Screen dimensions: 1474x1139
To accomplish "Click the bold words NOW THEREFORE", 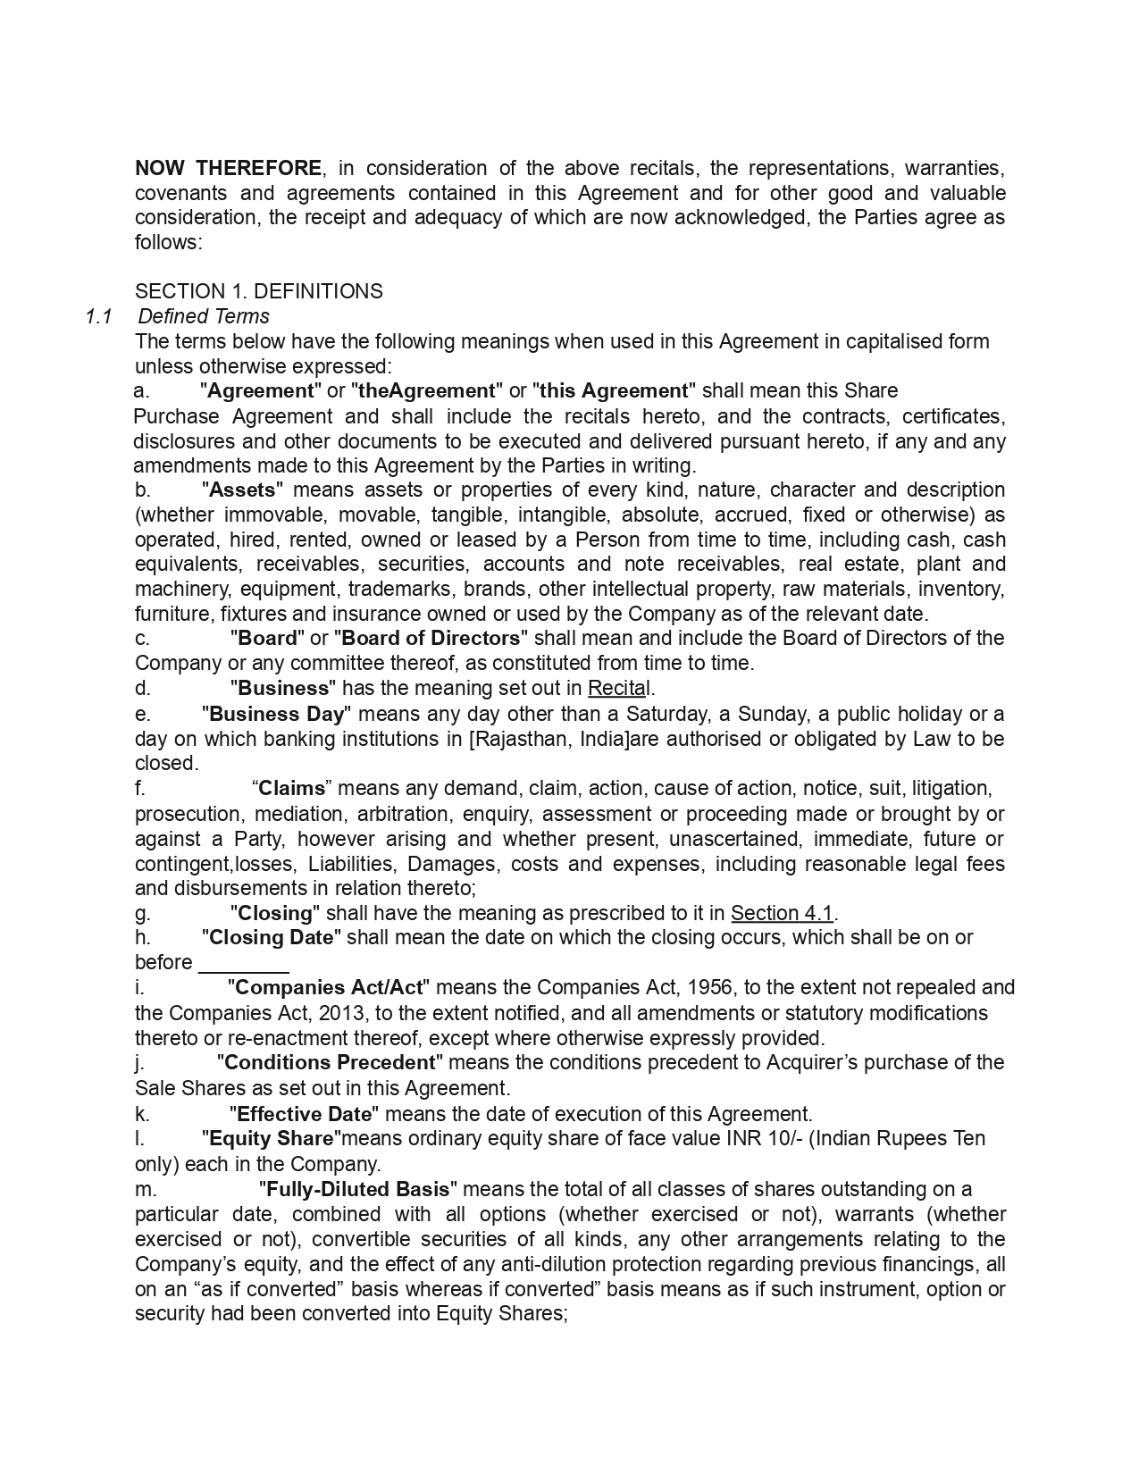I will coord(228,168).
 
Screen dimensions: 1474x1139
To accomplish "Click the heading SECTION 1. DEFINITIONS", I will coord(258,291).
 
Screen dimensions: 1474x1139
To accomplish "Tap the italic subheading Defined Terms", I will coord(204,316).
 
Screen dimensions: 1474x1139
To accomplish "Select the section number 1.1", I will coord(97,316).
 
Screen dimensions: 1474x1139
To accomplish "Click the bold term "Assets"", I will coord(243,490).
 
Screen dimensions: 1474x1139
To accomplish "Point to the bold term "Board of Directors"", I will coord(431,638).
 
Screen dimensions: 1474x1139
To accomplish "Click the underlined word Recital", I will coord(619,688).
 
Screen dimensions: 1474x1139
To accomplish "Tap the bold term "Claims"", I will coord(292,788).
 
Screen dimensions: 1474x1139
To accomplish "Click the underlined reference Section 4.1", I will coord(782,913).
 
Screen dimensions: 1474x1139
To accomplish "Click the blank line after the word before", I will coord(243,964).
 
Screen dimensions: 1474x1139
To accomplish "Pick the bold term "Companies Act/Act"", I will coord(329,987).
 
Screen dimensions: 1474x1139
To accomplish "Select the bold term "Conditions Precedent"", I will coord(330,1062).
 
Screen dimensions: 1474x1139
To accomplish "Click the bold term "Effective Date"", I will coord(304,1114).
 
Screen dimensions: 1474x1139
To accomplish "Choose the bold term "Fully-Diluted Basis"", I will coord(358,1189).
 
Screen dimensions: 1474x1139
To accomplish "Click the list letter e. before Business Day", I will coord(141,714).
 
